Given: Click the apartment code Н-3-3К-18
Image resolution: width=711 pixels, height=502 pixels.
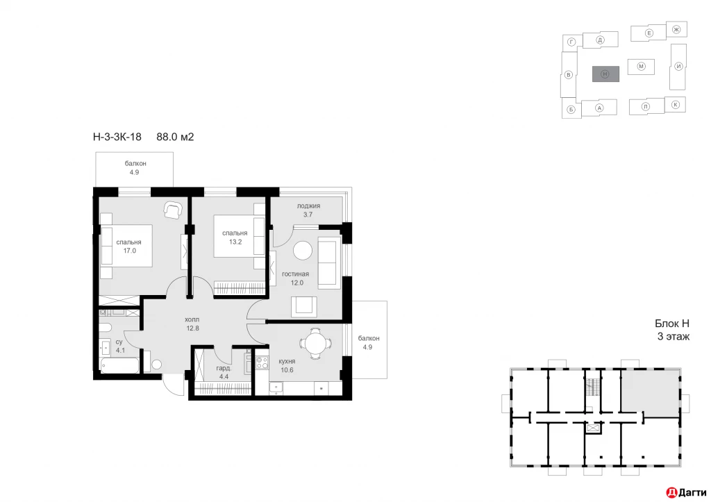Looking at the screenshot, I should [117, 137].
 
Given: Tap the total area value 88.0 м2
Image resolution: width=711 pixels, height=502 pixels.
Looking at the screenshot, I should [175, 137].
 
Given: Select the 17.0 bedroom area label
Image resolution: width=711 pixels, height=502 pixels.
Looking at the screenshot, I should [129, 247].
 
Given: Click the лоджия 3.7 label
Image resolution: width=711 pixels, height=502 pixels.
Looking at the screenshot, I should [308, 211].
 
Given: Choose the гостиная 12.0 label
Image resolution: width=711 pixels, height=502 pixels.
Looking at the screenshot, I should [295, 278].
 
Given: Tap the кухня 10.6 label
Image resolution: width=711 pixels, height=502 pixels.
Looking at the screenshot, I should [287, 366].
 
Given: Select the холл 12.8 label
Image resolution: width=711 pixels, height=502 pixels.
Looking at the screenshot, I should [192, 324].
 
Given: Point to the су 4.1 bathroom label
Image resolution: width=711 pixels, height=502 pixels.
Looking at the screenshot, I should [119, 346].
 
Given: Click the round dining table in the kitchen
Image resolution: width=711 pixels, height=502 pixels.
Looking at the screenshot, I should [313, 344].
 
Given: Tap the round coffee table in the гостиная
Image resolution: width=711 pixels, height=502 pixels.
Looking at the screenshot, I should [302, 251].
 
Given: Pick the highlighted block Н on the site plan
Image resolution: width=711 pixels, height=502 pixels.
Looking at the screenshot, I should [605, 74].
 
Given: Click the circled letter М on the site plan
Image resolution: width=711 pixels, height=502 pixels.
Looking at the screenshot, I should [642, 66].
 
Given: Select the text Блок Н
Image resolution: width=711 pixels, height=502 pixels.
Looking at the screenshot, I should [672, 324].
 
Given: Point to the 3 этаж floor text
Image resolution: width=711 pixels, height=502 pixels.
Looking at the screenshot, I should [672, 337].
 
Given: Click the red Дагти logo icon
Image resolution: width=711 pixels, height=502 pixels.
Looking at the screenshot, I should [671, 492].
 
